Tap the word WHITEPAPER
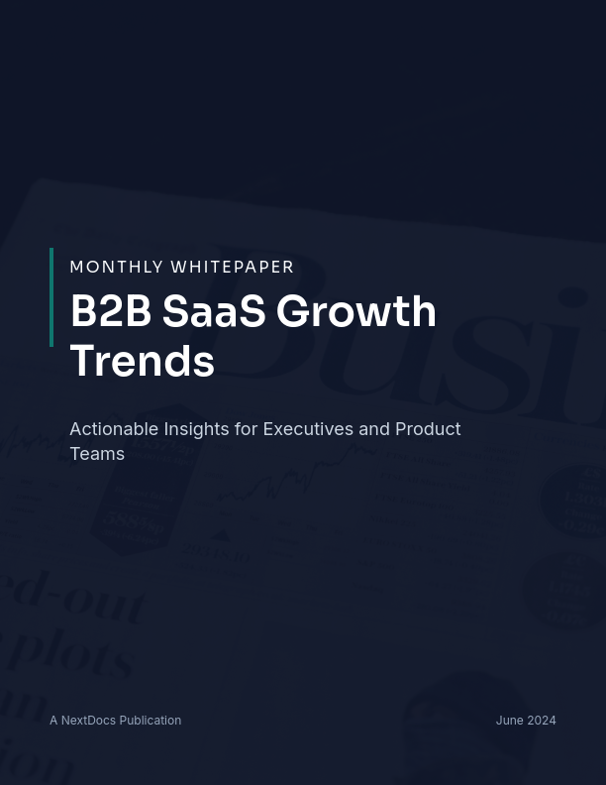pos(233,267)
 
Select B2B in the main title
pos(110,311)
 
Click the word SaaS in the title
pos(214,311)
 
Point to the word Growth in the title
pos(356,311)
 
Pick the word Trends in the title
pos(143,361)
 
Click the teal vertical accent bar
pos(51,297)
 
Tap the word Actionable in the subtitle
pos(114,429)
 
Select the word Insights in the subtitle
pos(196,429)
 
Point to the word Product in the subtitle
pos(428,429)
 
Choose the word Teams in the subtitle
pos(97,454)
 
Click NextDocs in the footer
pos(88,721)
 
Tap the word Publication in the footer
pos(151,721)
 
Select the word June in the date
pos(510,721)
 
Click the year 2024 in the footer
pos(542,721)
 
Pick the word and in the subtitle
pos(374,429)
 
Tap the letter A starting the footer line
pos(53,721)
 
